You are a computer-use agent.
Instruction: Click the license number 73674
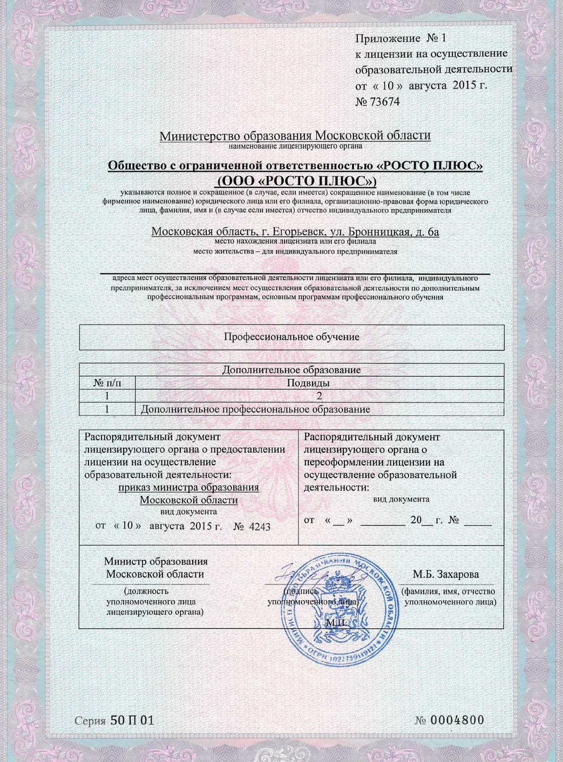pos(385,101)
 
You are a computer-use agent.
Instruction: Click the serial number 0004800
pos(457,720)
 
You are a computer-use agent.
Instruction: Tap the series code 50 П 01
pos(132,720)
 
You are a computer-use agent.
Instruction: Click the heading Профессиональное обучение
pos(291,337)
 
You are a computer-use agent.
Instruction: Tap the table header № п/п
pos(107,383)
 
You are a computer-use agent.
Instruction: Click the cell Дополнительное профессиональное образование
pos(255,409)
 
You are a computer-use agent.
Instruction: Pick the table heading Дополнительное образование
pos(291,370)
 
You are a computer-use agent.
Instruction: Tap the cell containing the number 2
pos(319,396)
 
